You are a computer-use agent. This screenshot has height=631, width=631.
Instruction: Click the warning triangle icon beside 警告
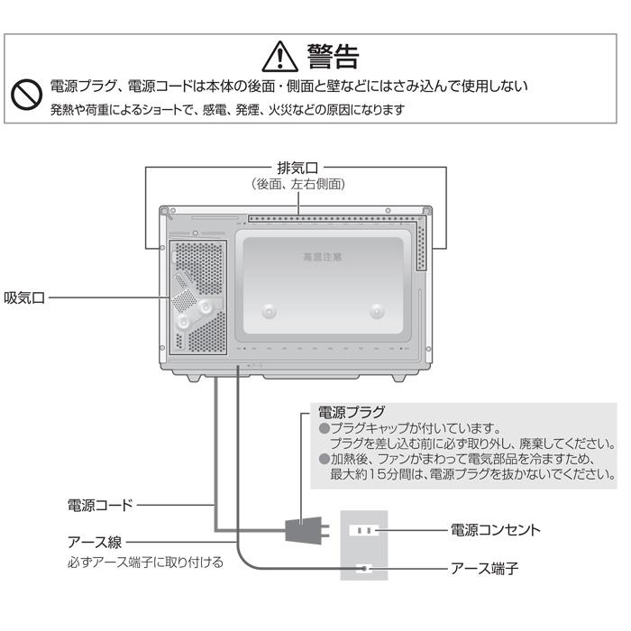pyautogui.click(x=279, y=57)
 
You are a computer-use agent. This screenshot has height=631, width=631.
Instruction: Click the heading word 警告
pyautogui.click(x=334, y=56)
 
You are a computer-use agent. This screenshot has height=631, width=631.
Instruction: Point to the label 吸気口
pyautogui.click(x=24, y=297)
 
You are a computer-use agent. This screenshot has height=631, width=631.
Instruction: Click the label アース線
pyautogui.click(x=94, y=543)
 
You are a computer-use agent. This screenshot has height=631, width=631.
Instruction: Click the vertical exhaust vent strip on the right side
pyautogui.click(x=421, y=246)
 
